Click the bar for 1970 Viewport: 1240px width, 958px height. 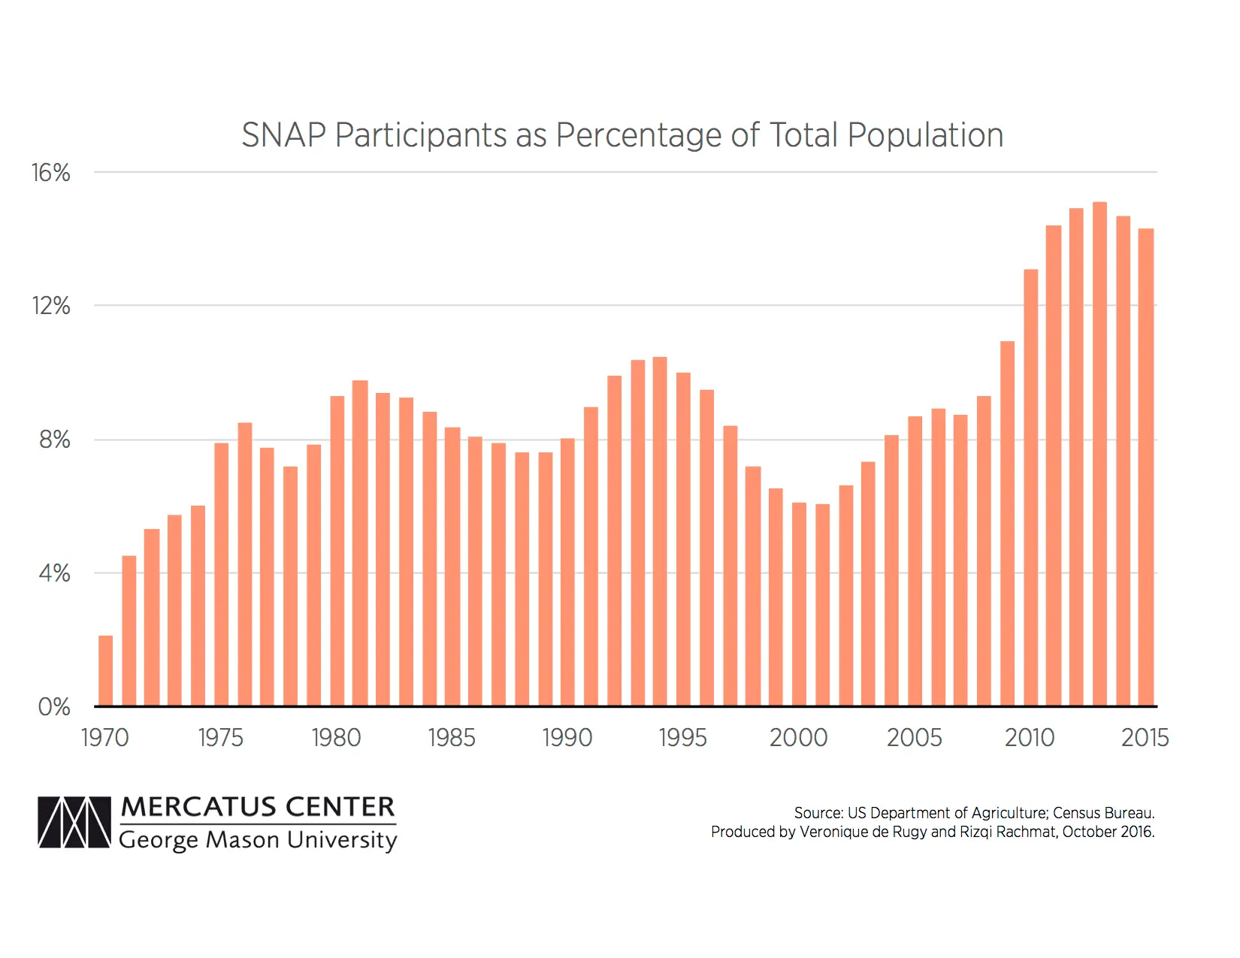click(106, 671)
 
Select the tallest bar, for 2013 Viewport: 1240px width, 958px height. click(1099, 454)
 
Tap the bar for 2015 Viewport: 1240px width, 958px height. click(1146, 467)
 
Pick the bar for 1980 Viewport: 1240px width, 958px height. click(337, 551)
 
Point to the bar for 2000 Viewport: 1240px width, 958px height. click(799, 604)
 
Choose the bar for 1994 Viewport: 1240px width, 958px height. click(660, 531)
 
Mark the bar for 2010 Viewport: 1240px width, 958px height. click(1030, 488)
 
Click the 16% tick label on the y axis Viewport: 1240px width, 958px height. click(50, 173)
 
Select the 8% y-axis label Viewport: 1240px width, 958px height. click(54, 440)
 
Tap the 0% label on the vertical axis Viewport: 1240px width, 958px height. click(53, 707)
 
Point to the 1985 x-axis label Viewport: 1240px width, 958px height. click(452, 738)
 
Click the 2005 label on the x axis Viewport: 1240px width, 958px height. click(914, 738)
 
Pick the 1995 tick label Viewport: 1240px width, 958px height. click(682, 738)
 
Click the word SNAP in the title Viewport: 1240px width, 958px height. click(283, 136)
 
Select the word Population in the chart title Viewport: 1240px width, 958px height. click(925, 136)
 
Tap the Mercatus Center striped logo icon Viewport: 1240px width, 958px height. click(74, 822)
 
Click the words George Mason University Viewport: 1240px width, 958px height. click(258, 839)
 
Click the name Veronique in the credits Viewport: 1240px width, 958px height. click(833, 832)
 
